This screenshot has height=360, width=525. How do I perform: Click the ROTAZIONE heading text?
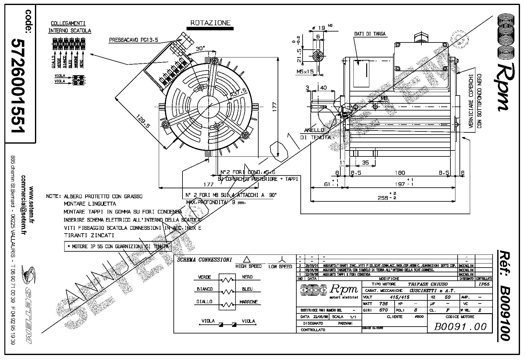point(211,23)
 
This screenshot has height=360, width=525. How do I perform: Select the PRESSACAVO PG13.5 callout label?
point(134,40)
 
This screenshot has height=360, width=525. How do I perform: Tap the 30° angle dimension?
point(200,49)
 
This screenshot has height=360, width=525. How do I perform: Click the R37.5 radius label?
point(238,92)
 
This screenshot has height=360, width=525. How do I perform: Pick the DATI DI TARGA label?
point(370,34)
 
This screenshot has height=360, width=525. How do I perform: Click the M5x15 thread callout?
point(305,72)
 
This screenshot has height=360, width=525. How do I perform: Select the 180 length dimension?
point(400,173)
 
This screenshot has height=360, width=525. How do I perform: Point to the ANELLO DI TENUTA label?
point(315,133)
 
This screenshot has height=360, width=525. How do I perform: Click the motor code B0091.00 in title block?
point(460,327)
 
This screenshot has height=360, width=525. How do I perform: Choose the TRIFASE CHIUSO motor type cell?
point(428,284)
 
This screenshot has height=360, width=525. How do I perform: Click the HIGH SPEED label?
point(249,266)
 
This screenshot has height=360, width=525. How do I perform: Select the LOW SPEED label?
point(280,267)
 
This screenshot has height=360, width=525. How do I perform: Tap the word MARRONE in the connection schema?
point(249,302)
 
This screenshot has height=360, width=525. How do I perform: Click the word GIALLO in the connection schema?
point(204,302)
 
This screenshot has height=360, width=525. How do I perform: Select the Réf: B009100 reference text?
point(503,295)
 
